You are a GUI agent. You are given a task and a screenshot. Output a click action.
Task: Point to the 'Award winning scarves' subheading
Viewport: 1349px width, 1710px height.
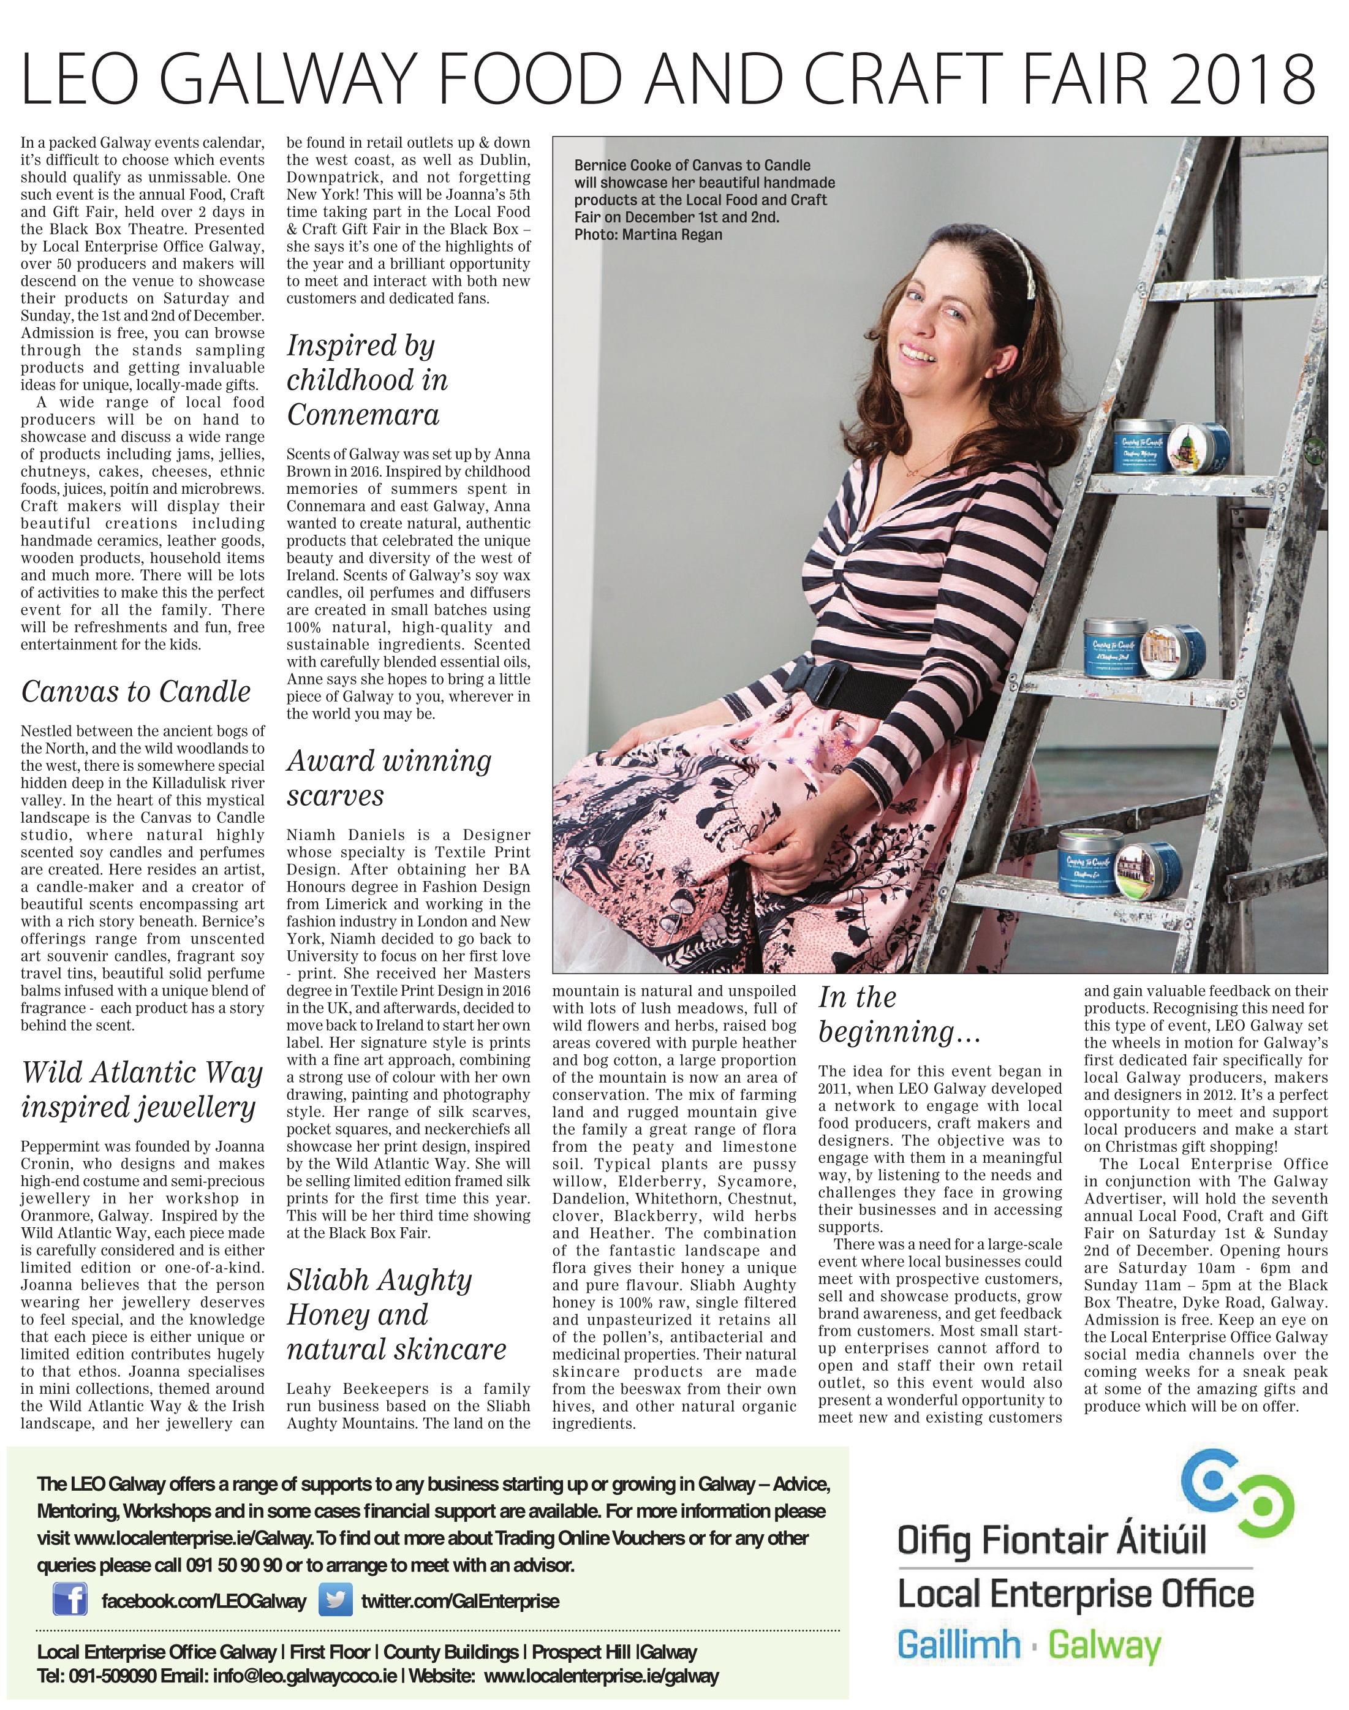coord(388,777)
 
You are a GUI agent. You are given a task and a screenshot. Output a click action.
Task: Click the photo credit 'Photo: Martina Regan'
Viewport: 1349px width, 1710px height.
coord(648,235)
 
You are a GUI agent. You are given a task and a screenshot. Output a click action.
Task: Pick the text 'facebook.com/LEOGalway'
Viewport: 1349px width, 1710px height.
coord(204,1579)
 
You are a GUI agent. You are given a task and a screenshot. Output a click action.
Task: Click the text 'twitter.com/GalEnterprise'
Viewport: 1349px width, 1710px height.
coord(461,1579)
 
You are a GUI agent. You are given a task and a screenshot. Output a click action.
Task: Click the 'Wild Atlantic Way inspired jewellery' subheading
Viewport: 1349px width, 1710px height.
coord(142,1090)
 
